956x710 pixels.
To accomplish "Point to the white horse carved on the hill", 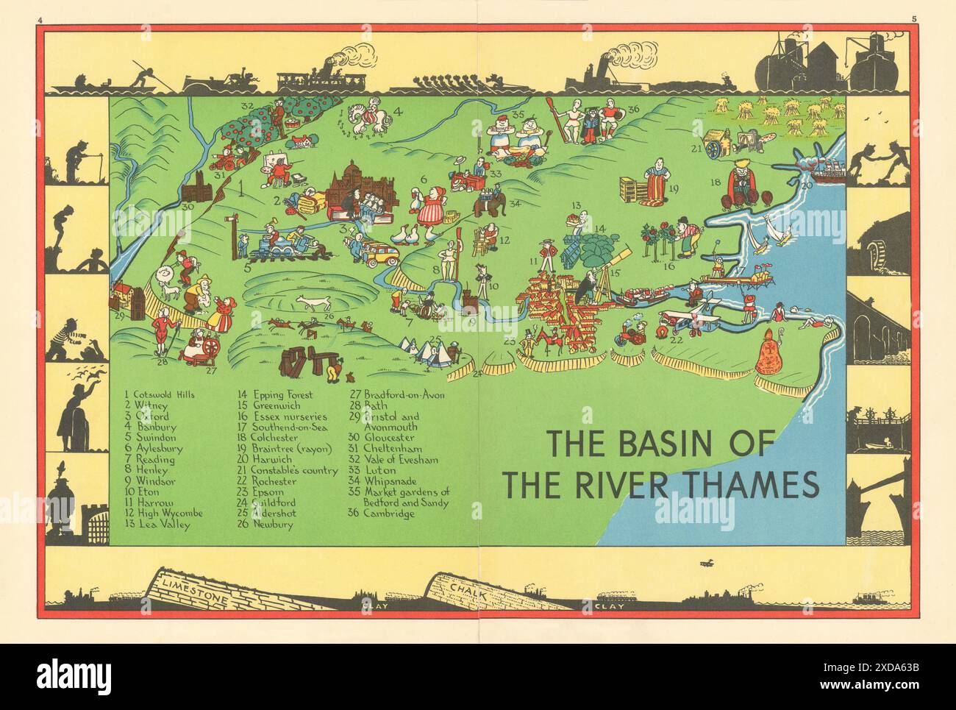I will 311,302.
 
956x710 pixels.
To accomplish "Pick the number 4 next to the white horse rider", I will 399,113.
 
